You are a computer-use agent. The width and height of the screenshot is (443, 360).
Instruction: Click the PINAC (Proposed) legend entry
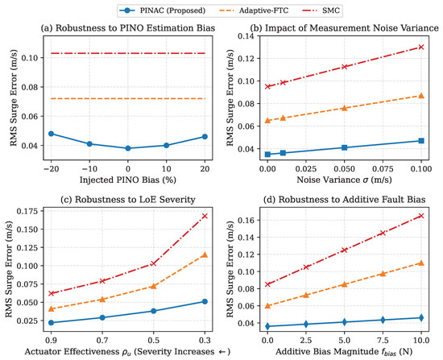pos(162,10)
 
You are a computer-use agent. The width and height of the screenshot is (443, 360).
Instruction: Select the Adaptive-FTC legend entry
pos(254,10)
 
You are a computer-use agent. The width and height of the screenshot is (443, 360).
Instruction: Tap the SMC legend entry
pos(320,10)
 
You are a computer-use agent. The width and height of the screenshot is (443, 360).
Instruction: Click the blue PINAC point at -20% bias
pos(51,134)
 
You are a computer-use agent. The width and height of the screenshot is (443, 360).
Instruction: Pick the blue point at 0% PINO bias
pos(128,148)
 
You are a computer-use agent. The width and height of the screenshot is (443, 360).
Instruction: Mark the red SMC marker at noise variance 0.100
pos(421,47)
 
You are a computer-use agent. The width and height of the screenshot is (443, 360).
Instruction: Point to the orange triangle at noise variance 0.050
pos(344,108)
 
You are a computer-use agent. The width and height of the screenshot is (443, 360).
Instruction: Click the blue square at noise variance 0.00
pos(267,155)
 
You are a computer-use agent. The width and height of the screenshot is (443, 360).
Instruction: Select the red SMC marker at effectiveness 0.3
pos(205,216)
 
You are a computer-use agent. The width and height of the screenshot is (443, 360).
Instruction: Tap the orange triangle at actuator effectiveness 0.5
pos(153,286)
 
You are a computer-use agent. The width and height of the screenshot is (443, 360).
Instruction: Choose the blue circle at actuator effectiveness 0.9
pos(51,323)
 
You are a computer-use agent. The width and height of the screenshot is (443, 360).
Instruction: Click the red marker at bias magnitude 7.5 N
pos(383,233)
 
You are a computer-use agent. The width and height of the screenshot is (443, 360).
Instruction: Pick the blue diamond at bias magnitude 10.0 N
pos(421,317)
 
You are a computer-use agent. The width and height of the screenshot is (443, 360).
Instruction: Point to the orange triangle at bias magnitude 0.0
pos(267,305)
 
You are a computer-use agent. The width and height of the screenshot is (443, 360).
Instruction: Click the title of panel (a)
pos(128,28)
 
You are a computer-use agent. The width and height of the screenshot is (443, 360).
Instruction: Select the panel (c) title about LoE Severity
pos(128,200)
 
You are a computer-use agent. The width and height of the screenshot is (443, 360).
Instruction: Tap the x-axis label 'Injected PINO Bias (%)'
pos(128,180)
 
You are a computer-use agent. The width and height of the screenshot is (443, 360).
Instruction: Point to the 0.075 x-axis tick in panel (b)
pos(383,169)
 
